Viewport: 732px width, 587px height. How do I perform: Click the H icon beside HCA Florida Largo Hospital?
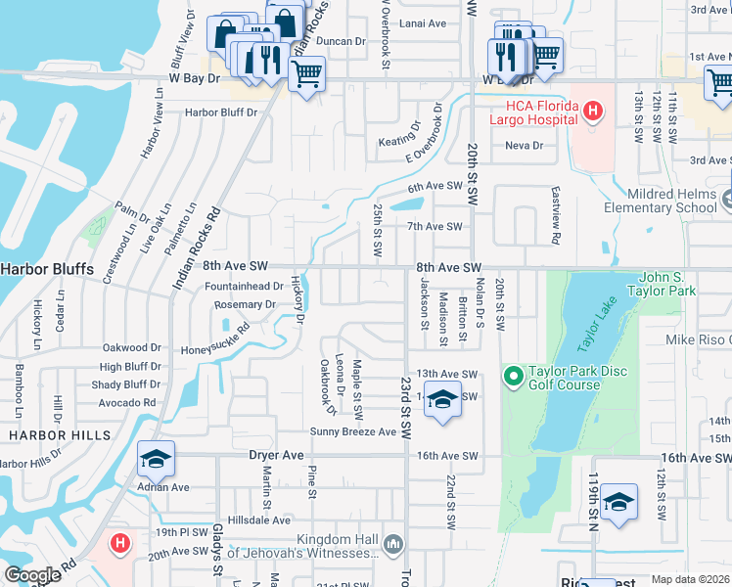[x=592, y=112]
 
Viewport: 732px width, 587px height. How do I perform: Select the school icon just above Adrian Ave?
[x=156, y=459]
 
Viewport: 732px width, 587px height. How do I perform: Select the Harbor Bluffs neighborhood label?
[x=47, y=267]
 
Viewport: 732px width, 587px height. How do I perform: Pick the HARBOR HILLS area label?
[x=54, y=434]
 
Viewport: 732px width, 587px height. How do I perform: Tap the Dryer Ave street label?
[x=279, y=455]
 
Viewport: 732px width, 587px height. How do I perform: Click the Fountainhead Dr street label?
[x=244, y=286]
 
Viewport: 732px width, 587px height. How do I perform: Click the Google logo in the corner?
[x=33, y=575]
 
